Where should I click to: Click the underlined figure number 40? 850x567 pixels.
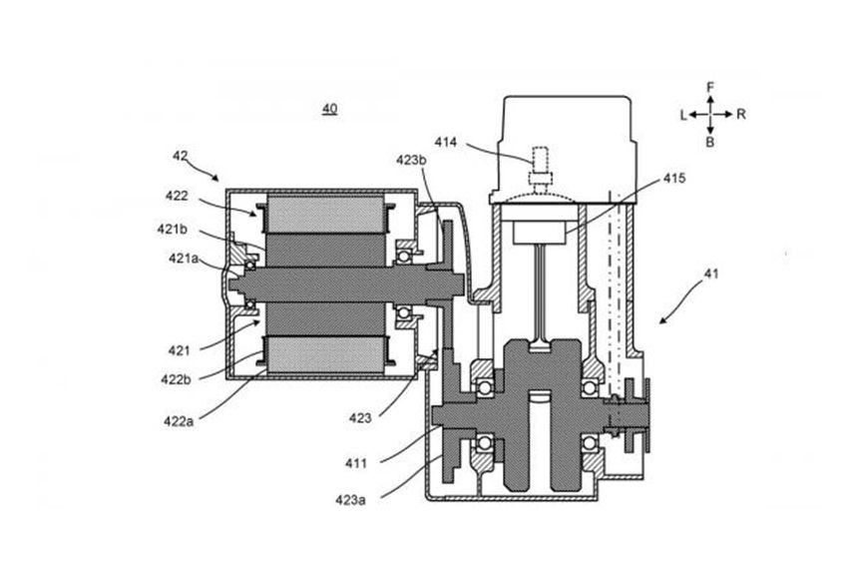click(329, 109)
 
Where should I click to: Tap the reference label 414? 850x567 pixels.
click(446, 143)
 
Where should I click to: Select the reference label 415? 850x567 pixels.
click(674, 178)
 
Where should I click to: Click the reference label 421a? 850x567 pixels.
click(184, 259)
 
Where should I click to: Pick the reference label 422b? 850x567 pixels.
click(176, 379)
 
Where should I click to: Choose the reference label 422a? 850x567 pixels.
click(179, 421)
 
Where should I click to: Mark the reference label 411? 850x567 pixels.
click(356, 463)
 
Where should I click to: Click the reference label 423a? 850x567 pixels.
click(350, 500)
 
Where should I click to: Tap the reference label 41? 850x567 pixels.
click(710, 274)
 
